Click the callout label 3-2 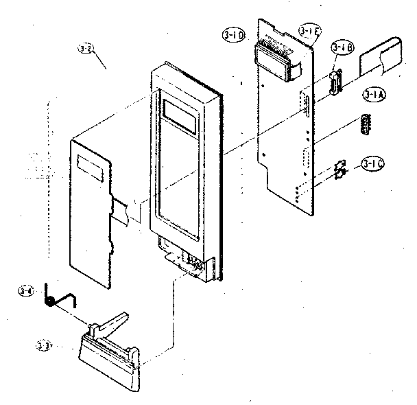pos(86,49)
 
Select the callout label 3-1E pos(308,32)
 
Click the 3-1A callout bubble pos(374,95)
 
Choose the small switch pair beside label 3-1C pos(339,170)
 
